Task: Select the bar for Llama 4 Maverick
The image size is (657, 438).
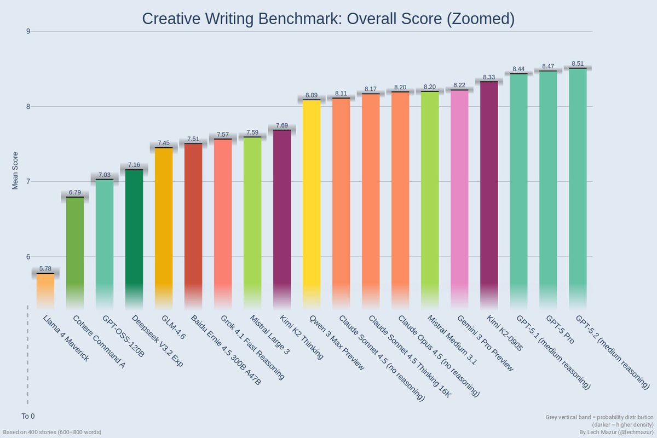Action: [x=45, y=290]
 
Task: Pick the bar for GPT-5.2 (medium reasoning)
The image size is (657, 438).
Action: [x=578, y=186]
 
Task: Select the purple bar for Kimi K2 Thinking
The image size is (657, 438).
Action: [x=282, y=219]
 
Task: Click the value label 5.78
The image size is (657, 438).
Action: [x=45, y=269]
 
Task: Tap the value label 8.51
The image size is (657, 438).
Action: [x=578, y=64]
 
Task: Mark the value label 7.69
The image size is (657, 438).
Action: [x=282, y=125]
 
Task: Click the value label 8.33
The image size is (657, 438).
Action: [x=489, y=77]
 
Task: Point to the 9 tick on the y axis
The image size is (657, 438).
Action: [x=27, y=31]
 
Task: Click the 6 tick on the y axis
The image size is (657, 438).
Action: [x=27, y=257]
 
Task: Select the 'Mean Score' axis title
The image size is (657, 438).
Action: [x=15, y=171]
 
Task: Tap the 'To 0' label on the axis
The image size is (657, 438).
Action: [x=28, y=416]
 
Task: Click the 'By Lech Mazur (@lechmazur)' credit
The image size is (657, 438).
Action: [x=615, y=432]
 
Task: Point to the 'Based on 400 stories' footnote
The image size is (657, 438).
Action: [x=52, y=432]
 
